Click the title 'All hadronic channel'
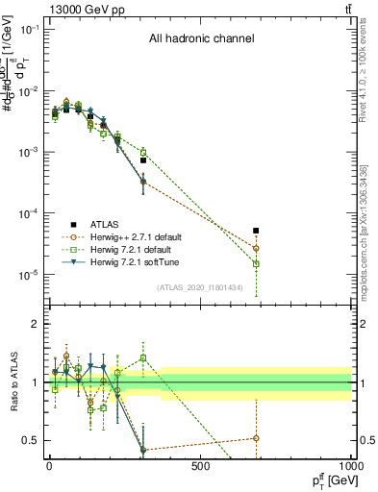[x=201, y=39]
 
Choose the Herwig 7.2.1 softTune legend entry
[x=123, y=261]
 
